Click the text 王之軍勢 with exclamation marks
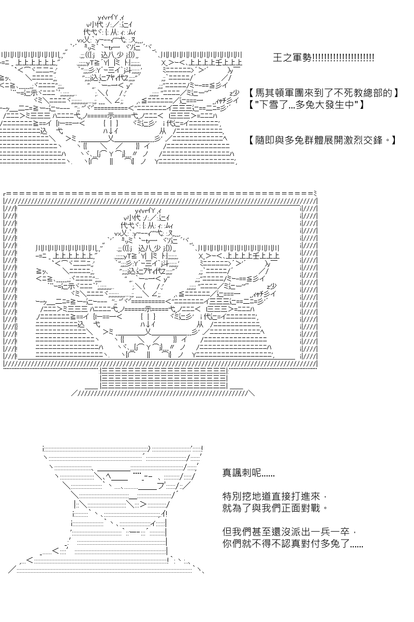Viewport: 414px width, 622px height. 323,58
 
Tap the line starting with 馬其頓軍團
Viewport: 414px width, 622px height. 323,93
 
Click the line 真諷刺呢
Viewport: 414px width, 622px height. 248,473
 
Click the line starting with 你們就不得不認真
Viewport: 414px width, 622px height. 292,543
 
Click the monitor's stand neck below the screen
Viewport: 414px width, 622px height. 164,378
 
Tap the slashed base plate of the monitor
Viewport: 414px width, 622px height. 163,393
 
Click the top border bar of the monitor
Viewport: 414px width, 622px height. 160,193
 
